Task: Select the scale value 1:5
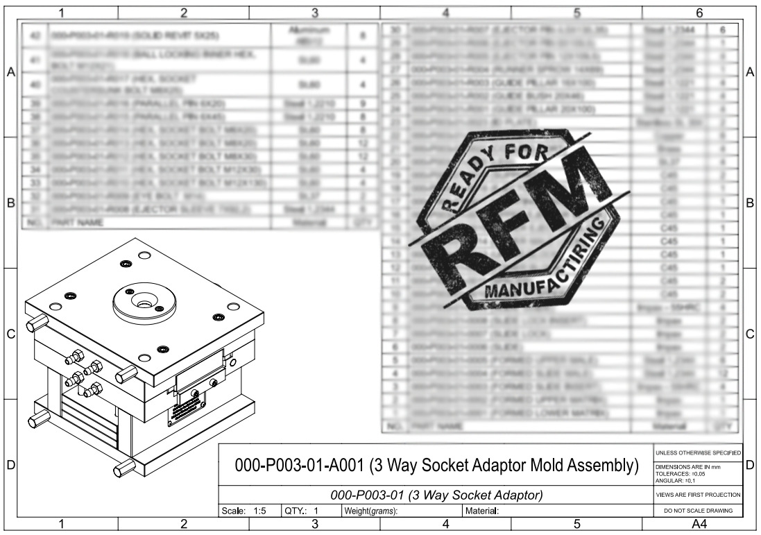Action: tap(259, 511)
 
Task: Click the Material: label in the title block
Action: tap(481, 511)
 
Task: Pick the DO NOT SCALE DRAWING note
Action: tap(699, 511)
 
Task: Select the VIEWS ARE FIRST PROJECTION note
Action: tap(699, 495)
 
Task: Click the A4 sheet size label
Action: tap(699, 525)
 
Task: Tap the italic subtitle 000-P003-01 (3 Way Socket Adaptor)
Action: tap(436, 495)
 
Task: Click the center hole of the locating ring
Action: tap(144, 303)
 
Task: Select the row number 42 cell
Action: tap(34, 34)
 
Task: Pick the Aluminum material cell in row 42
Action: tap(309, 34)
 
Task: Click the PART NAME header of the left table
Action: tap(82, 223)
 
